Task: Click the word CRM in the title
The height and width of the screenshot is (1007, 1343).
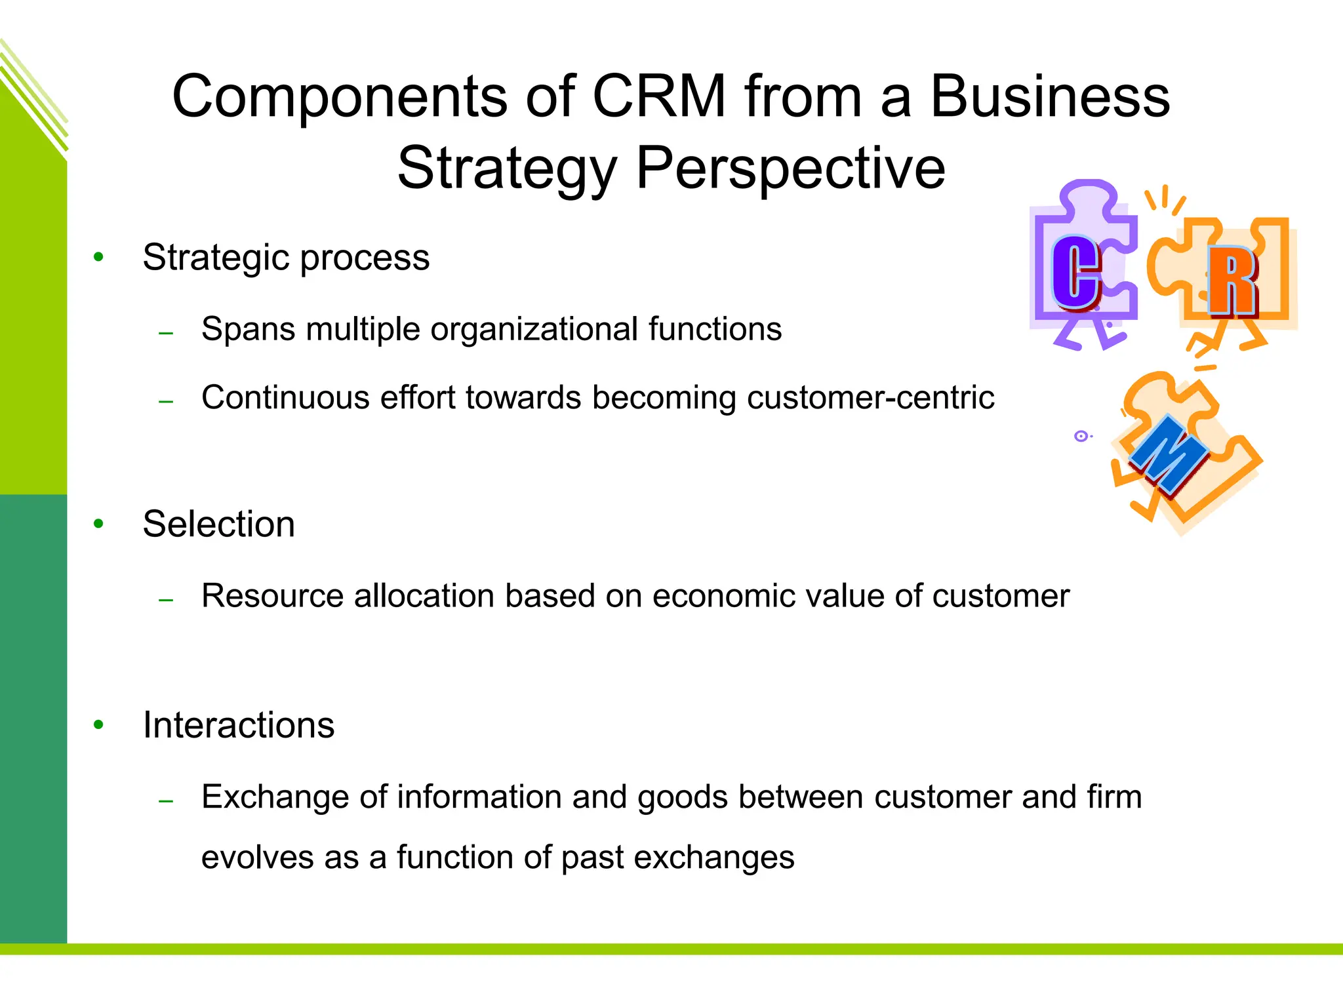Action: point(659,97)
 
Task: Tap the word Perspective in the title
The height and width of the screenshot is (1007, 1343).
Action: point(790,168)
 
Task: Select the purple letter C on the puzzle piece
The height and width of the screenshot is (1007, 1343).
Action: point(1076,273)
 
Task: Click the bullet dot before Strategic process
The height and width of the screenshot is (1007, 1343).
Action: point(99,257)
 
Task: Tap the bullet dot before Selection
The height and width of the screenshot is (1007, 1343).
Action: point(99,524)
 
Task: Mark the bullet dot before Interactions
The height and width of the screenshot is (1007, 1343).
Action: point(99,724)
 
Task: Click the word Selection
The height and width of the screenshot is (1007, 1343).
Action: point(219,524)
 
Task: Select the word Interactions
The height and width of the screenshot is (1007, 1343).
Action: point(239,725)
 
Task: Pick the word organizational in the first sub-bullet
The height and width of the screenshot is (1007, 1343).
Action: point(534,328)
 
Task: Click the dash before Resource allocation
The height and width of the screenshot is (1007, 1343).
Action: point(167,600)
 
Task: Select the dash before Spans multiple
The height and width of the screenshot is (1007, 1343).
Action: point(167,333)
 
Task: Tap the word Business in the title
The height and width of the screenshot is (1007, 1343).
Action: point(1050,97)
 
